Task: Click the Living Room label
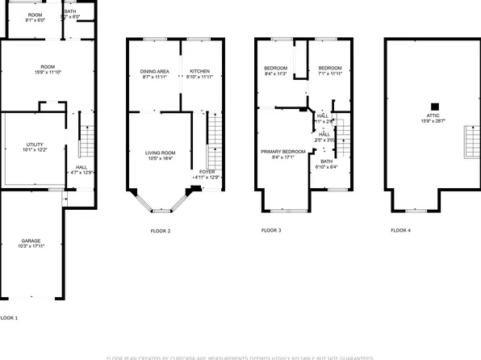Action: tap(160, 153)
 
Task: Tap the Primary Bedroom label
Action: tap(282, 152)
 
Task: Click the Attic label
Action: tap(434, 118)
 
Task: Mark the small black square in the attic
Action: tap(434, 105)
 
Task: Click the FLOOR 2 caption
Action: tap(161, 231)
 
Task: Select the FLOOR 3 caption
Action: tap(271, 231)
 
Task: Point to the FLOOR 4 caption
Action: tap(400, 231)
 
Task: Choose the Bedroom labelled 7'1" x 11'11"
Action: tap(329, 68)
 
